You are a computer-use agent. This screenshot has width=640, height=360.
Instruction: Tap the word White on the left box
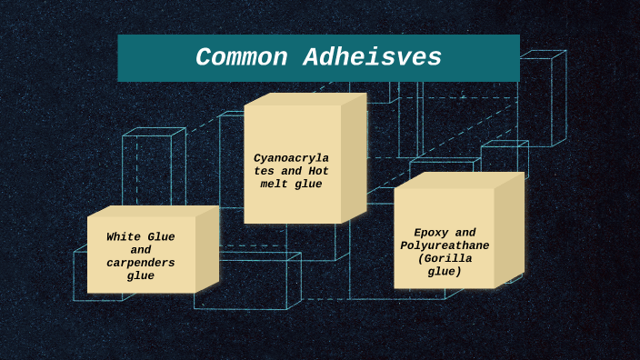(x=123, y=237)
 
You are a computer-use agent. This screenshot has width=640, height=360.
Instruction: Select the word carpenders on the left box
(x=141, y=263)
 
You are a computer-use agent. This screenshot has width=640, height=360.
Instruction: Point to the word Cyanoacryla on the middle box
(x=291, y=157)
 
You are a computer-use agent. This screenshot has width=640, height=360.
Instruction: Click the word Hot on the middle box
(x=318, y=171)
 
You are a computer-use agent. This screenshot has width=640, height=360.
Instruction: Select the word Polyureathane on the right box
(x=445, y=245)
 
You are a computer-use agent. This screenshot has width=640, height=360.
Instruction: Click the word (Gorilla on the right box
(x=445, y=258)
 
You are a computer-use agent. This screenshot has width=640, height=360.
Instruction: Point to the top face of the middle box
(x=304, y=98)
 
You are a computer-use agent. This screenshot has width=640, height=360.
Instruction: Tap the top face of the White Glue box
(x=153, y=211)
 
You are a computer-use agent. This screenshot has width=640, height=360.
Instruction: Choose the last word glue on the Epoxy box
(x=445, y=271)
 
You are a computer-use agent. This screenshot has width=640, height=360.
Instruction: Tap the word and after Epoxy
(x=465, y=233)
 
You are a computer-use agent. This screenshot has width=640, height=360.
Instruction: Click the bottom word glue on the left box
(x=141, y=275)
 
